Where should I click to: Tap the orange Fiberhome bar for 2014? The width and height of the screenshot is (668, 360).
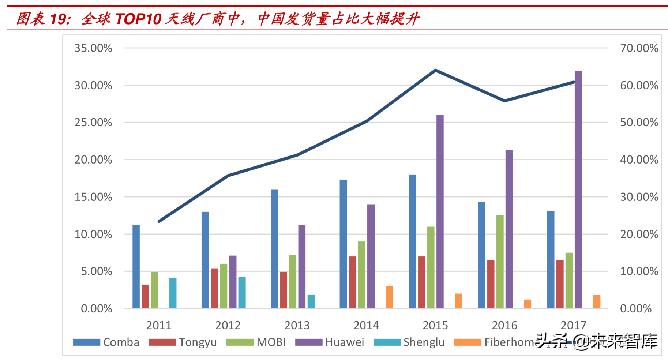[x=389, y=297]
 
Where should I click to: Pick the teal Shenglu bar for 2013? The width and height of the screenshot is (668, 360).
[x=311, y=301]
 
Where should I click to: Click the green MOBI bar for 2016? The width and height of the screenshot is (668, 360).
[x=500, y=262]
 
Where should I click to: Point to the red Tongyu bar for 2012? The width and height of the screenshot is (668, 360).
[x=214, y=288]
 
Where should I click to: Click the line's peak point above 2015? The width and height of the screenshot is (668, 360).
[x=435, y=70]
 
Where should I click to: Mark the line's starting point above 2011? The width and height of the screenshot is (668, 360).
[x=159, y=221]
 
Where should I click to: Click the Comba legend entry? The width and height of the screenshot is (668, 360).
[x=106, y=342]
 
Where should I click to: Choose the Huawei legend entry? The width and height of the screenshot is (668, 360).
[x=329, y=342]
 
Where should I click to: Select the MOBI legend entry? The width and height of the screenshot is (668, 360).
[x=256, y=342]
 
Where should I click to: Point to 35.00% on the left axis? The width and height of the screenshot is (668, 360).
[x=93, y=48]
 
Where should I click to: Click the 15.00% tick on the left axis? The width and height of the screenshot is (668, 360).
[x=93, y=197]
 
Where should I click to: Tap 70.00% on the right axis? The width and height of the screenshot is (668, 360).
[x=639, y=48]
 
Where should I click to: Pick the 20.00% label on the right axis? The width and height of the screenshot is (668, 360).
[x=639, y=234]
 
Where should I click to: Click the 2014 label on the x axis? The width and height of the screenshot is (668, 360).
[x=366, y=325]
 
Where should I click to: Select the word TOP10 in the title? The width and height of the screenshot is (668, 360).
[x=138, y=19]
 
